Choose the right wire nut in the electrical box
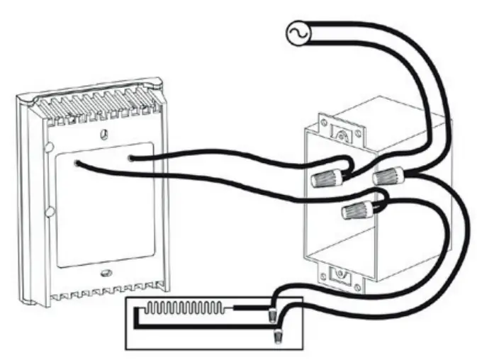click(x=388, y=175)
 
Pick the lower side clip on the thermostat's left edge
click(x=48, y=212)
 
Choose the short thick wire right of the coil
click(x=248, y=309)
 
